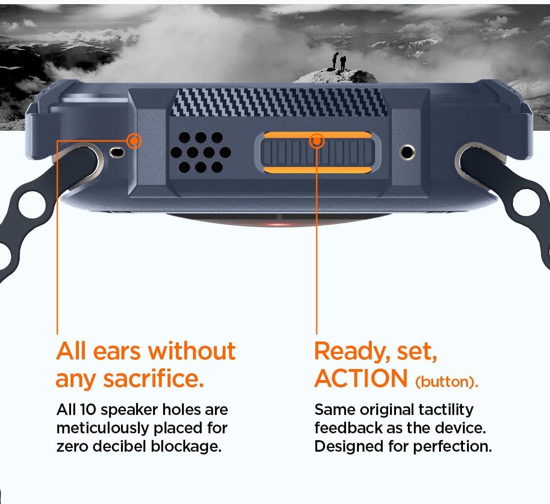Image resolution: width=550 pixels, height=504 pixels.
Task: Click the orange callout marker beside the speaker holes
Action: [x=134, y=141]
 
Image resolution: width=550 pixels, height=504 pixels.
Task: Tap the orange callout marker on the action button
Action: [x=317, y=141]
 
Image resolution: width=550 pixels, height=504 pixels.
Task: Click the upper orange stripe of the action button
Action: [x=318, y=135]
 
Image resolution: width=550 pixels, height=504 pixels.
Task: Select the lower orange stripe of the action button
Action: [x=318, y=170]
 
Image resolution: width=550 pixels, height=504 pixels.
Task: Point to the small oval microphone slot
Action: [x=117, y=152]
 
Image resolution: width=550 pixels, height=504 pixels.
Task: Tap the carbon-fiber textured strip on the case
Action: [x=279, y=102]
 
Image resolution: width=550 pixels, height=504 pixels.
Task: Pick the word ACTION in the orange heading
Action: [x=361, y=378]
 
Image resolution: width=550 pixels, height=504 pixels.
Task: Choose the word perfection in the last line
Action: [x=453, y=447]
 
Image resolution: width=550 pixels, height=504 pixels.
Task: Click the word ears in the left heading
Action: [x=117, y=353]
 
